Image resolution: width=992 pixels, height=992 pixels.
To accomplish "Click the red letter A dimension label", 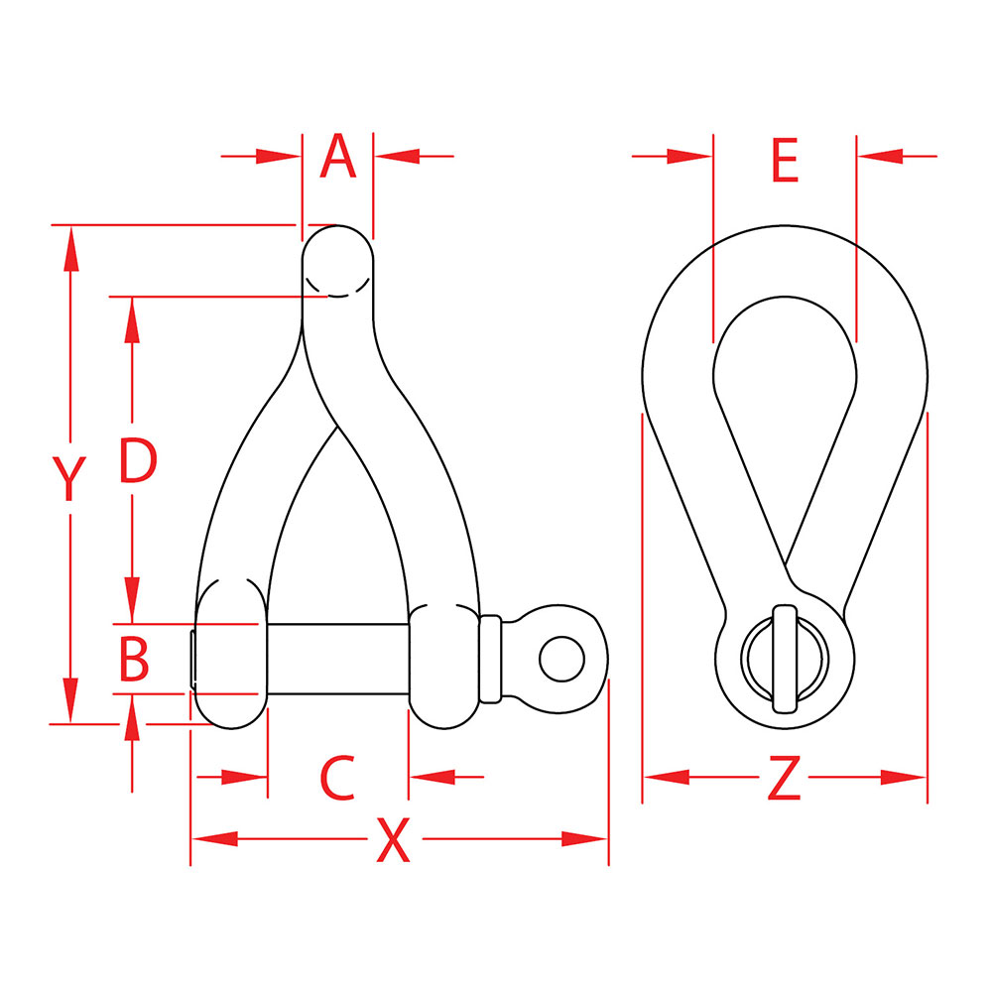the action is [338, 156].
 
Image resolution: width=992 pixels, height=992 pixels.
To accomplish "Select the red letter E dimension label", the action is [785, 161].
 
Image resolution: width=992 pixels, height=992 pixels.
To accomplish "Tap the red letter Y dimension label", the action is [69, 479].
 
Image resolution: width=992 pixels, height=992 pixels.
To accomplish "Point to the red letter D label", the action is [138, 460].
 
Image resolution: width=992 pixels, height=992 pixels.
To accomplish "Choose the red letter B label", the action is [134, 660].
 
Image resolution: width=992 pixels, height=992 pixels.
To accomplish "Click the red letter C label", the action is [337, 777].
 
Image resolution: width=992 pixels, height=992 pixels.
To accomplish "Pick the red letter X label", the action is [393, 840].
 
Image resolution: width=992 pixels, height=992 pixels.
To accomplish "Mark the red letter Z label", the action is [784, 777].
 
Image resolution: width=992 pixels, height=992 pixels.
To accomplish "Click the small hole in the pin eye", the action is [561, 659].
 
